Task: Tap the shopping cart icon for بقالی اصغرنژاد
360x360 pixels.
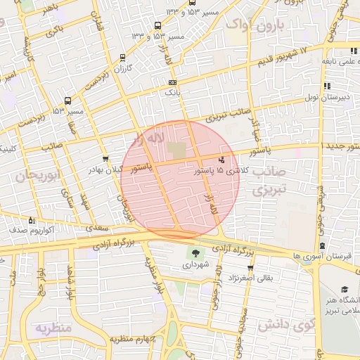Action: tap(250, 268)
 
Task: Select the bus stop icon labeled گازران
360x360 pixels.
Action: tap(123, 58)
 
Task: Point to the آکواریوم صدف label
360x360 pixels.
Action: tap(28, 230)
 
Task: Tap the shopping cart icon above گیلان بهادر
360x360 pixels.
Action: tap(105, 159)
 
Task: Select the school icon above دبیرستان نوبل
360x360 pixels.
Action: tap(327, 86)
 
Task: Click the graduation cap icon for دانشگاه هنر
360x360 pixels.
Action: tap(345, 289)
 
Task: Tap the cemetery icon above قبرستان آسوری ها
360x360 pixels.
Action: tap(322, 246)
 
